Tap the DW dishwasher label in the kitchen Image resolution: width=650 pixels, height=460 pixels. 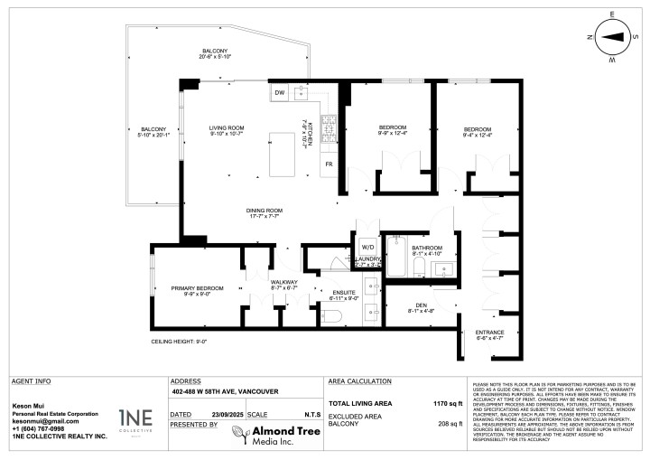[279, 93]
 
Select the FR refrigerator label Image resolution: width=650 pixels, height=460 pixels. [330, 164]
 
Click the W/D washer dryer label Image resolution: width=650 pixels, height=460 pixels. [367, 246]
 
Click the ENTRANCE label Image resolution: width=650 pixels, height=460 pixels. [489, 333]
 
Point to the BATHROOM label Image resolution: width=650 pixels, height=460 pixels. [427, 248]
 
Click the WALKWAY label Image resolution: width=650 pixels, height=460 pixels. [284, 283]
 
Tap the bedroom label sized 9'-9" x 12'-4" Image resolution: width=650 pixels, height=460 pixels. [392, 127]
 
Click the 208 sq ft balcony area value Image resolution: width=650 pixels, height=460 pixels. [449, 424]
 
